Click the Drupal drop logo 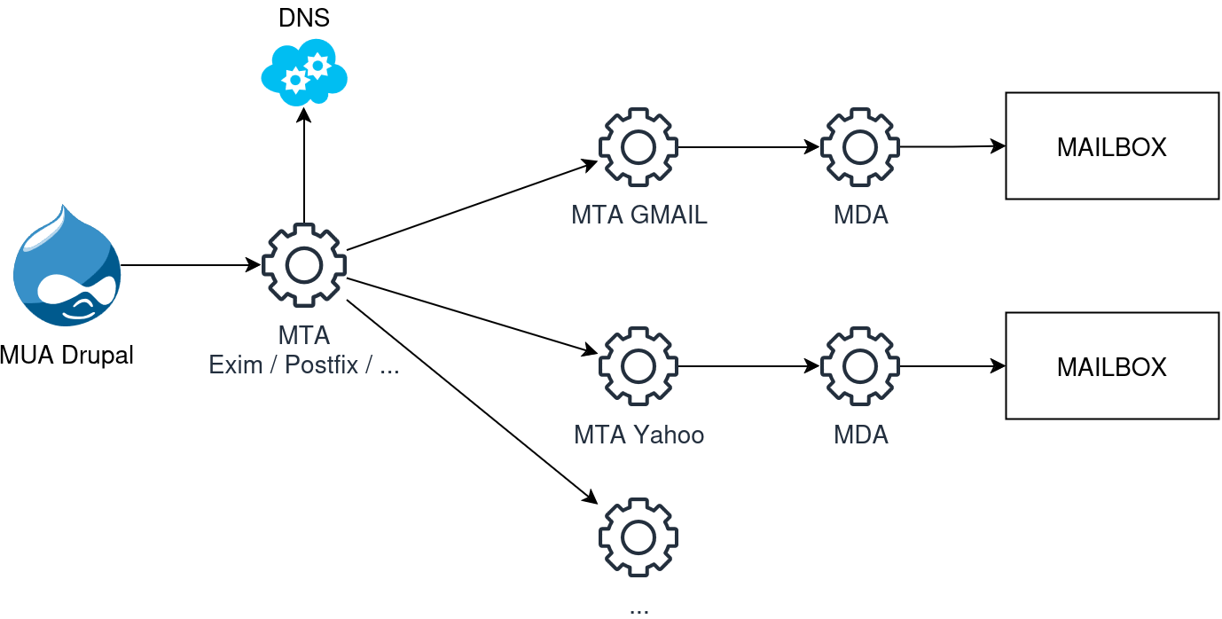coord(67,265)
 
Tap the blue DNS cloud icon coord(304,73)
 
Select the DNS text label coord(304,18)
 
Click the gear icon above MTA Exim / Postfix coord(304,265)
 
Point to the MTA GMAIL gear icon coord(638,147)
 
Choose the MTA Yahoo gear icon coord(638,366)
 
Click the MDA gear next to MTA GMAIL coord(860,147)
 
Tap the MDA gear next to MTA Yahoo coord(860,366)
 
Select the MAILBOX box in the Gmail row coord(1112,146)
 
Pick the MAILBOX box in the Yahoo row coord(1112,366)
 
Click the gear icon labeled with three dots coord(638,537)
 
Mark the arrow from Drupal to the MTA coord(191,265)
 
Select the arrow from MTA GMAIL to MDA coord(749,147)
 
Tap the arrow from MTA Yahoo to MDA coord(749,366)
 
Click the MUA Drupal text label coord(67,356)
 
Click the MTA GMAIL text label coord(638,215)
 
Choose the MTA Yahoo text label coord(638,435)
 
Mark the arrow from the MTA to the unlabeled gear coord(472,402)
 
